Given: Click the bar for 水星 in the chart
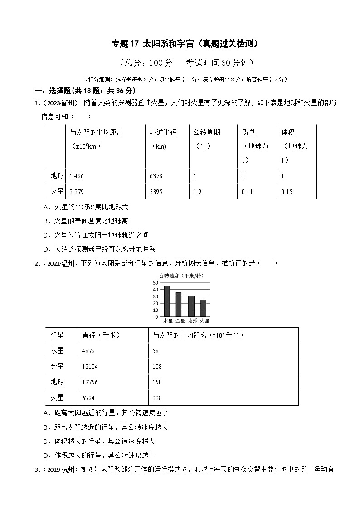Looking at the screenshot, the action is (x=167, y=301).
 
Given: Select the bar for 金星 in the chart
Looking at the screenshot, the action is (x=179, y=305).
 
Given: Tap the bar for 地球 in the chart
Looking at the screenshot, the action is (x=191, y=306).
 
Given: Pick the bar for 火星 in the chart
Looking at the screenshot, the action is (x=203, y=308).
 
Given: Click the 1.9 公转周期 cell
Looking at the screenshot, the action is (x=197, y=192).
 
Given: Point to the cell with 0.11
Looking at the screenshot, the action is (x=247, y=192).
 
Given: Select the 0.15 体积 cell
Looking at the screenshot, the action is (x=287, y=192).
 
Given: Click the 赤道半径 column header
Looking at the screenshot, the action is (x=163, y=132).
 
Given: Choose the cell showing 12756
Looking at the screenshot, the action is (x=90, y=382).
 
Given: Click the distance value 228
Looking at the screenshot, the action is (x=157, y=398).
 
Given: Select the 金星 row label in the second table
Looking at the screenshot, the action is (x=58, y=366).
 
